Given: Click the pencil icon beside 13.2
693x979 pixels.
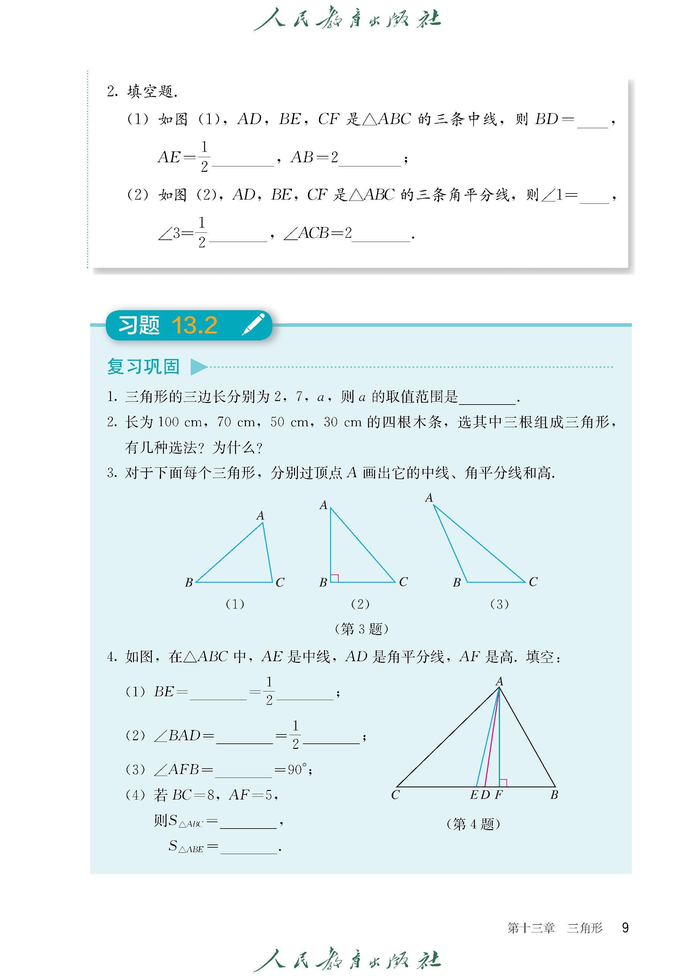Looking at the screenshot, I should (254, 325).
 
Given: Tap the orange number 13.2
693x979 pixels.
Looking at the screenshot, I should (195, 325).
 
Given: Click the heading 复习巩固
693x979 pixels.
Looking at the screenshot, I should (144, 366).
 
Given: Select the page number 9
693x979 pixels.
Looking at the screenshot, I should (625, 927).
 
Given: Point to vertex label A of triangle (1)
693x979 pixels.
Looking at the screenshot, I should (260, 516).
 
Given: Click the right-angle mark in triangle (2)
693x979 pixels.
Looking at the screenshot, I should (335, 578).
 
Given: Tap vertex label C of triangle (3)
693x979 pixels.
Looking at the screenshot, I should (533, 582).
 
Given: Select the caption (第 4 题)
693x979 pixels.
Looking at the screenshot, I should (473, 824).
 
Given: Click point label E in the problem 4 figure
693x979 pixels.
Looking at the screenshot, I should (474, 795).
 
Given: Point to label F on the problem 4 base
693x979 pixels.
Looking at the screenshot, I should (498, 795).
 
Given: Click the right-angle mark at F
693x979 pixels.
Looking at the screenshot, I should (503, 782).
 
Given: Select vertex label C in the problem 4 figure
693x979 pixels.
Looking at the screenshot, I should (395, 795).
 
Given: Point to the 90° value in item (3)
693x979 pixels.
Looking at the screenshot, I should (298, 770).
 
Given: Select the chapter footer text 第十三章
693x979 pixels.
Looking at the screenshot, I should (531, 928).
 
